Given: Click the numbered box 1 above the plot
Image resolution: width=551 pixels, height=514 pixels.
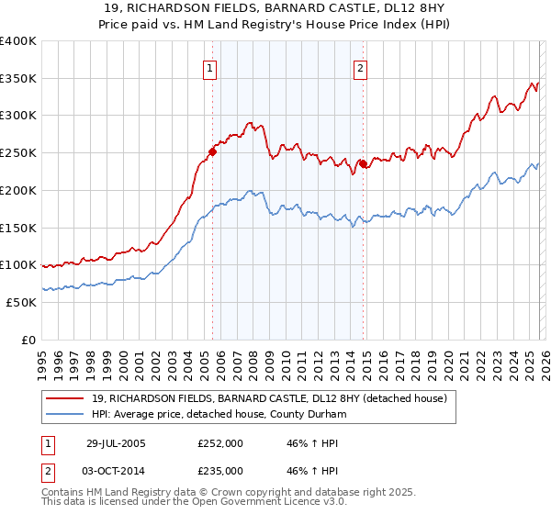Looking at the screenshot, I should coord(211,67).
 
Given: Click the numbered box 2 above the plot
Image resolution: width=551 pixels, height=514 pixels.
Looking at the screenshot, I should coord(360,67).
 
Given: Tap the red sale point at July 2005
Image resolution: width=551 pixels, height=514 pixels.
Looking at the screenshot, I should coord(212,152).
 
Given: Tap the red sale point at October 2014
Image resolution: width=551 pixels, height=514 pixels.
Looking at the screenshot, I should coord(363,164).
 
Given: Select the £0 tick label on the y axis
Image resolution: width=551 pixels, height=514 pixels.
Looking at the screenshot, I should coord(28,340).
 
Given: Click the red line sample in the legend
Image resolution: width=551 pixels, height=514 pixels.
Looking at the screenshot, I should coord(65,398).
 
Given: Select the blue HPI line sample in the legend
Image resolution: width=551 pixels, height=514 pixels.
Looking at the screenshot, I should coord(65,414).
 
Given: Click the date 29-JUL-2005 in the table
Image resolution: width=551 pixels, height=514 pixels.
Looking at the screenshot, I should coord(115,442).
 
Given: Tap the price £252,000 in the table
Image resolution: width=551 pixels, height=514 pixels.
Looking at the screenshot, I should coord(220,442).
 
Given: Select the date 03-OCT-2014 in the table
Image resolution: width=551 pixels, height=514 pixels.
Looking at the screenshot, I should coord(115,470).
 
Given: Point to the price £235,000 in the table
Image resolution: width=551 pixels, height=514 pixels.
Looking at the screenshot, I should coord(220,470).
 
